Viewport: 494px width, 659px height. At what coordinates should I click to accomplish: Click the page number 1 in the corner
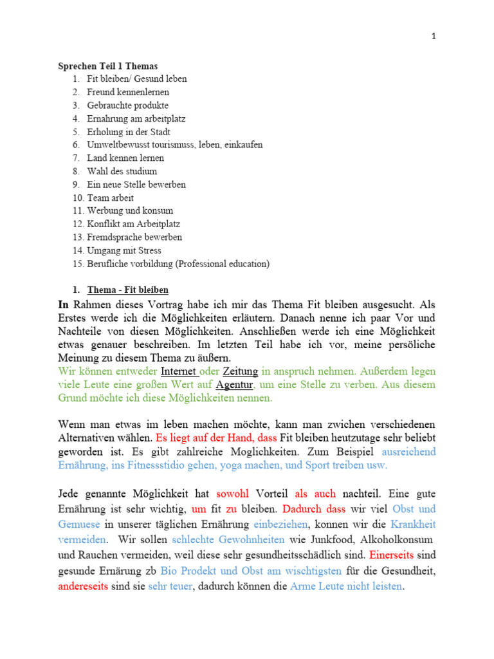(434, 37)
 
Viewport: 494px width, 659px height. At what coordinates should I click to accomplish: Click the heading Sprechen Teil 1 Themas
(108, 66)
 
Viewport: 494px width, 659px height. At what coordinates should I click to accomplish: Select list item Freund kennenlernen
(128, 92)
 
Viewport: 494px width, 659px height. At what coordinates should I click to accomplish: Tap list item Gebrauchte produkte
(128, 105)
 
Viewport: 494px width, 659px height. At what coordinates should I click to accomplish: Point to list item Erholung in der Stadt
(129, 131)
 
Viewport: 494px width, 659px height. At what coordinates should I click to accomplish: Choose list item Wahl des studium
(122, 171)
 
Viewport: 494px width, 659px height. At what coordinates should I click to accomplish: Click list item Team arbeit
(111, 198)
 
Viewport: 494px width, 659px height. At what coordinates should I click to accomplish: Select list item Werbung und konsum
(130, 210)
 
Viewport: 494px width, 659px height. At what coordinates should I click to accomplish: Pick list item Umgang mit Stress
(124, 250)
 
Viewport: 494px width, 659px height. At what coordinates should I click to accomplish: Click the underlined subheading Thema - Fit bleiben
(127, 290)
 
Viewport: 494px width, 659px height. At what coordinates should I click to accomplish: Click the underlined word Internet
(178, 371)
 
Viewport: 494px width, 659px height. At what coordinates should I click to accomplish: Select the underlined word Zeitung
(241, 371)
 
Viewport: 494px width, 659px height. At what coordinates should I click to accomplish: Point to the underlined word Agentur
(235, 385)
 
